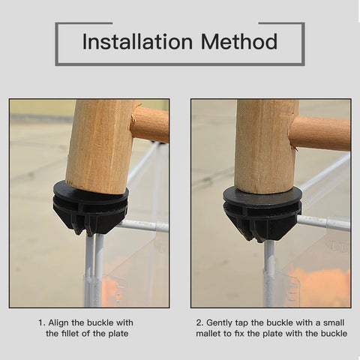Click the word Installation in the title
tap(137, 41)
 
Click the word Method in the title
tap(239, 41)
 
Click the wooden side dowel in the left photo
tap(150, 124)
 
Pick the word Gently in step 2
tap(219, 323)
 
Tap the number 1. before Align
tap(42, 322)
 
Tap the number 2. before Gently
tap(199, 322)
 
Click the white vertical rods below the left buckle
tap(94, 271)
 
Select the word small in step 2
tap(334, 322)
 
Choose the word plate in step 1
tap(118, 334)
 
